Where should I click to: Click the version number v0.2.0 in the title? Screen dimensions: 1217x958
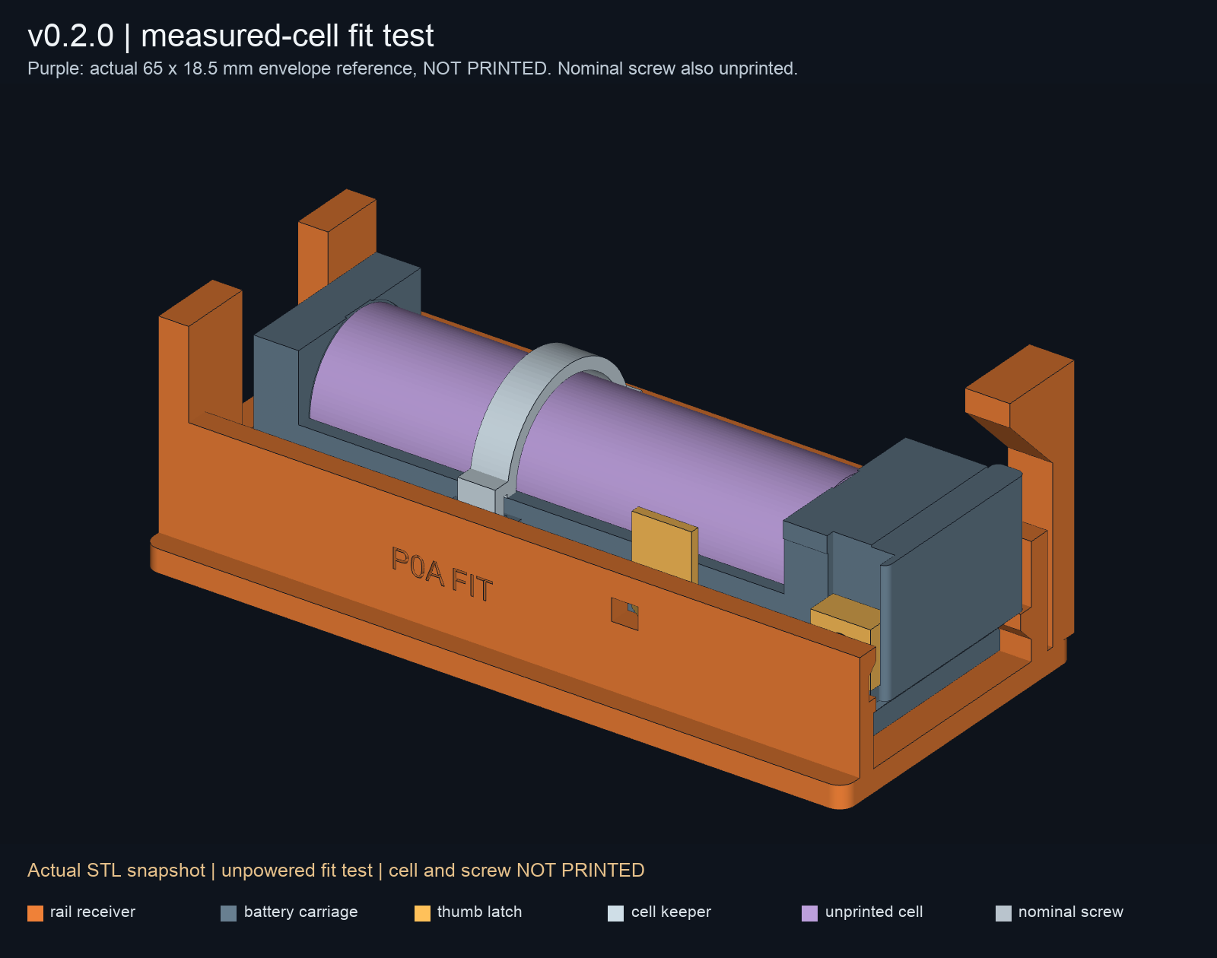[71, 36]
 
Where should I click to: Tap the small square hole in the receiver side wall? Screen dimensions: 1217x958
[625, 614]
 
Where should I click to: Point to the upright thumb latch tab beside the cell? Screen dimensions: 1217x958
[665, 544]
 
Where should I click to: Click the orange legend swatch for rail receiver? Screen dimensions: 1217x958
[35, 912]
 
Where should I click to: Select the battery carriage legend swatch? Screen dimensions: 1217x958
[228, 912]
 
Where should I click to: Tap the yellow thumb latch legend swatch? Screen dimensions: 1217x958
[422, 912]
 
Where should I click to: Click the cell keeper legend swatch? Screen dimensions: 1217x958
[616, 912]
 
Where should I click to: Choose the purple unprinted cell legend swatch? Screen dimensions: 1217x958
[810, 912]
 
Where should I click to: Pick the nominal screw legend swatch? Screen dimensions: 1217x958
[1003, 912]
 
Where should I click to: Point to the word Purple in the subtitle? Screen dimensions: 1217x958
[56, 69]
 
